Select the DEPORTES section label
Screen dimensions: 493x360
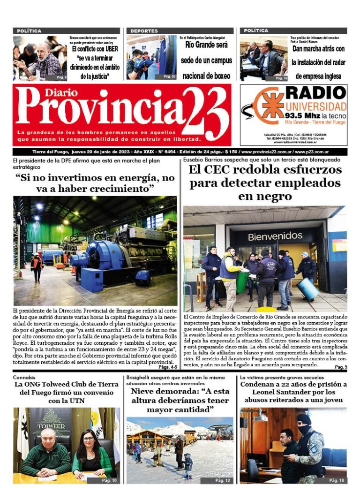click(144, 31)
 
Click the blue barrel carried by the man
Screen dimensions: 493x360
click(308, 289)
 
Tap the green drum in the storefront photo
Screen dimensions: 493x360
click(242, 281)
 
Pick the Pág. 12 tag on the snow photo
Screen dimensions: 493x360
click(222, 480)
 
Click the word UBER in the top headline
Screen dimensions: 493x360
click(109, 48)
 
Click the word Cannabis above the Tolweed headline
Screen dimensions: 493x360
click(24, 377)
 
